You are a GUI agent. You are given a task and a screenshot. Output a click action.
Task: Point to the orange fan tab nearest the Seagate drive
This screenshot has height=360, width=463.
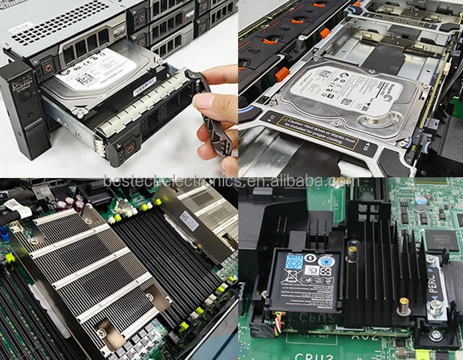[281, 73]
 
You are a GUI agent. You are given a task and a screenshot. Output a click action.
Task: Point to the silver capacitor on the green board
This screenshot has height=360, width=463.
[420, 203]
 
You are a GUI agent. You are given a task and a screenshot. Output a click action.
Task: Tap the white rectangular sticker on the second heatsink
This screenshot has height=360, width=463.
[189, 221]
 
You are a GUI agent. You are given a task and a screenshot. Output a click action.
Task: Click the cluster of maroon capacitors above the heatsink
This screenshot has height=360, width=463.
[70, 203]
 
